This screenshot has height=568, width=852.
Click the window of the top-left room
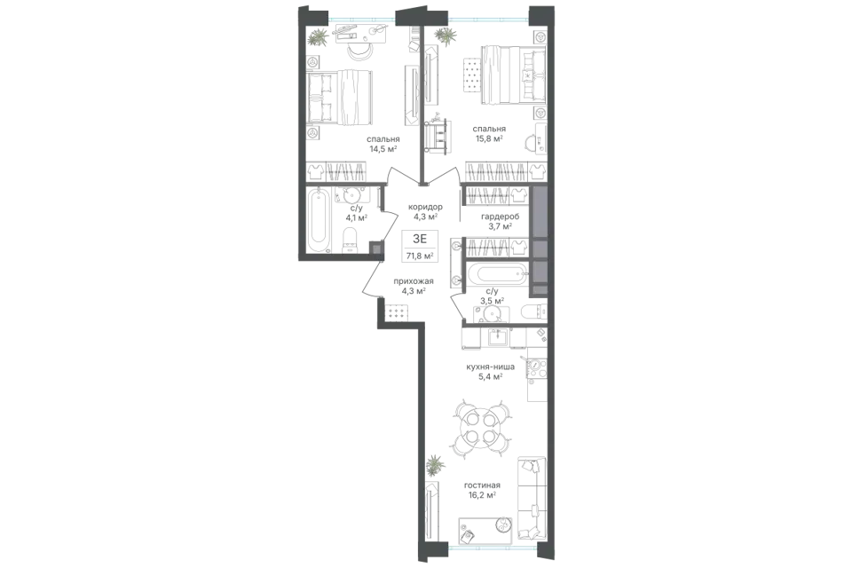(361, 18)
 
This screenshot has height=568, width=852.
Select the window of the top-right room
(488, 18)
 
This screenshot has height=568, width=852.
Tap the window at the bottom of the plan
(493, 548)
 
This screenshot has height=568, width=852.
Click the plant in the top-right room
(446, 36)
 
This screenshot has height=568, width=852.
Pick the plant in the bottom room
(434, 464)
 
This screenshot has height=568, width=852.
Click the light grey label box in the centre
(420, 245)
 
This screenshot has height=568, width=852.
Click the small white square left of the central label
(376, 249)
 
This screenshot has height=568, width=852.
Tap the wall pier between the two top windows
(422, 12)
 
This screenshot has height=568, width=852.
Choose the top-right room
(493, 89)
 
